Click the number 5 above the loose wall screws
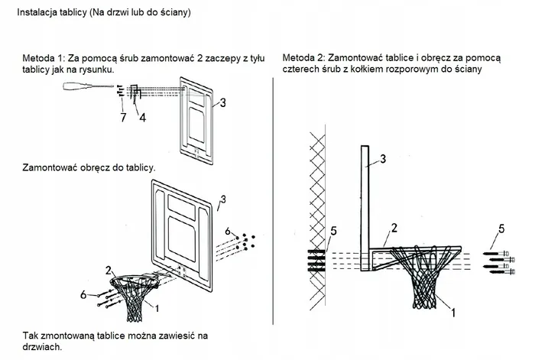(501, 228)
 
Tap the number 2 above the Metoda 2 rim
(393, 227)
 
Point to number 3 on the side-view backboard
(384, 159)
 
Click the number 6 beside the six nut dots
(227, 230)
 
